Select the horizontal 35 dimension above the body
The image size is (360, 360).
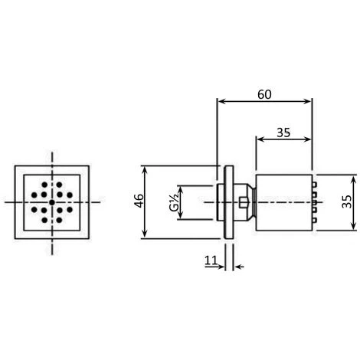[283, 132]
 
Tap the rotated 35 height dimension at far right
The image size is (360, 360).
[346, 201]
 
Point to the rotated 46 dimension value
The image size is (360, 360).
[139, 201]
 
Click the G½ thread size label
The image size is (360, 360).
[174, 201]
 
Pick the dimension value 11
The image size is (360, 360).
[210, 261]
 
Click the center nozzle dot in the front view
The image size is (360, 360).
[51, 202]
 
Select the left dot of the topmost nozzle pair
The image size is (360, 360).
[46, 184]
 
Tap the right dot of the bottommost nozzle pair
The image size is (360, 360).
[57, 221]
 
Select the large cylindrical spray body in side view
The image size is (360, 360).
[282, 201]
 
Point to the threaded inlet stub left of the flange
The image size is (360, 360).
[202, 201]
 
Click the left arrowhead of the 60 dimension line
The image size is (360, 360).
[221, 102]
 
